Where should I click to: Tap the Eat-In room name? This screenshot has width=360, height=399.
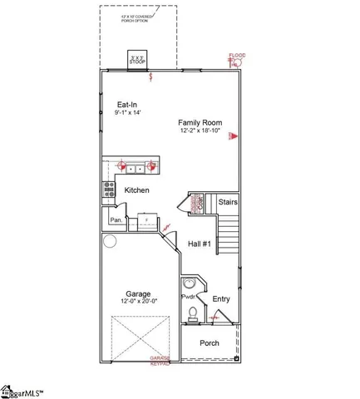128,105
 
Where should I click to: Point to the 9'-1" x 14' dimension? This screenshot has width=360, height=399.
128,114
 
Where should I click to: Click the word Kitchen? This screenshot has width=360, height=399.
136,190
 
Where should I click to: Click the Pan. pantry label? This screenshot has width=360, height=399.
116,220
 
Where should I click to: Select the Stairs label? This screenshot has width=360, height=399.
228,201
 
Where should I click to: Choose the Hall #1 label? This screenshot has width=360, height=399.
200,244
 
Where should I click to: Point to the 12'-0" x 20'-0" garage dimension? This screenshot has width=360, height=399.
137,302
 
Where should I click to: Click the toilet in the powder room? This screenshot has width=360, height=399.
193,313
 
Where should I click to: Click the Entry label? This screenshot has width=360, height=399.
221,298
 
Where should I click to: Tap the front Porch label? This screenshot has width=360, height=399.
210,342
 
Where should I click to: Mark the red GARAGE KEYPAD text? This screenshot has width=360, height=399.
160,360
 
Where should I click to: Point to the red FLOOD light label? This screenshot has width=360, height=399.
238,57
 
